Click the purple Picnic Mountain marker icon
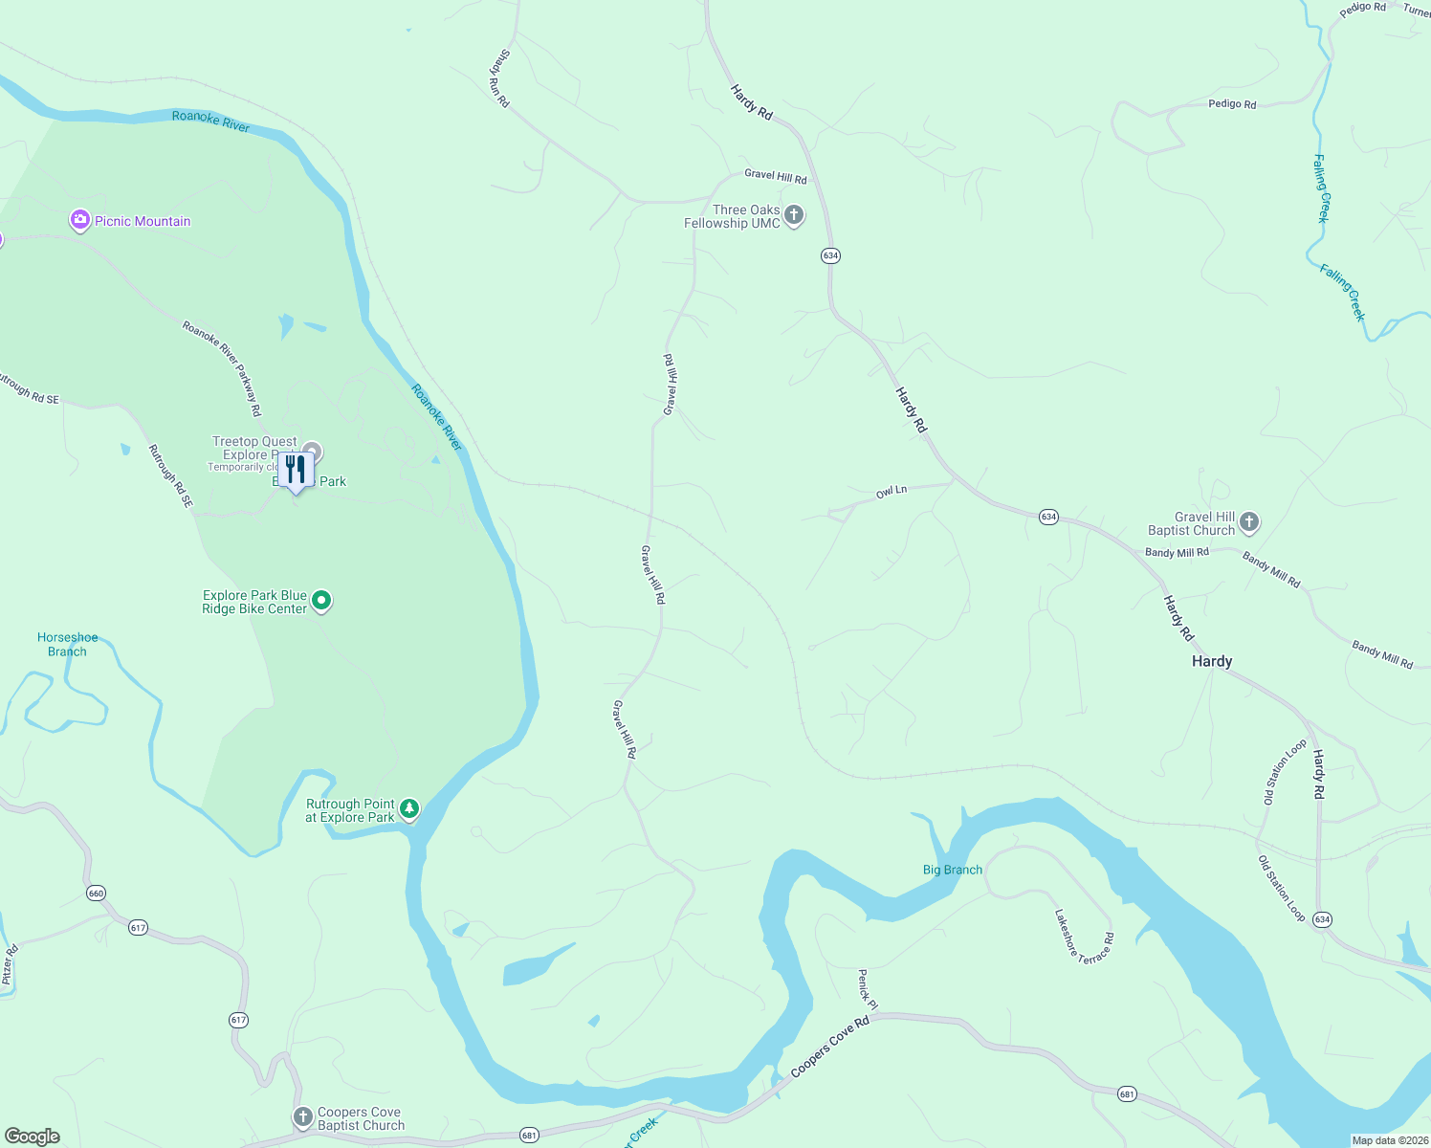(x=80, y=221)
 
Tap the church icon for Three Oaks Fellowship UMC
(x=793, y=215)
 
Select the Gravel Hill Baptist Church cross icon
(x=1248, y=522)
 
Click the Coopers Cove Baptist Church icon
(x=302, y=1117)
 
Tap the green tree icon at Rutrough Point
(x=408, y=809)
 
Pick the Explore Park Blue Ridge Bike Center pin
(x=322, y=601)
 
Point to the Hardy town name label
(x=1211, y=661)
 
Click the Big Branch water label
(x=952, y=870)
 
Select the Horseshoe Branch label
(x=67, y=644)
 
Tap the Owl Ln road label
(x=891, y=492)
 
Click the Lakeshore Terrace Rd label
(x=1084, y=935)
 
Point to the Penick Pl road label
(x=867, y=988)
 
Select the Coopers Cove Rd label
(x=829, y=1048)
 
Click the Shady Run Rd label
(x=499, y=78)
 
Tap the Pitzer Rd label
(x=10, y=964)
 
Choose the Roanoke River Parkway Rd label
(x=222, y=368)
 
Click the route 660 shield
(x=96, y=894)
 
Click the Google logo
(x=33, y=1136)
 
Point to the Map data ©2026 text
(x=1388, y=1140)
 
